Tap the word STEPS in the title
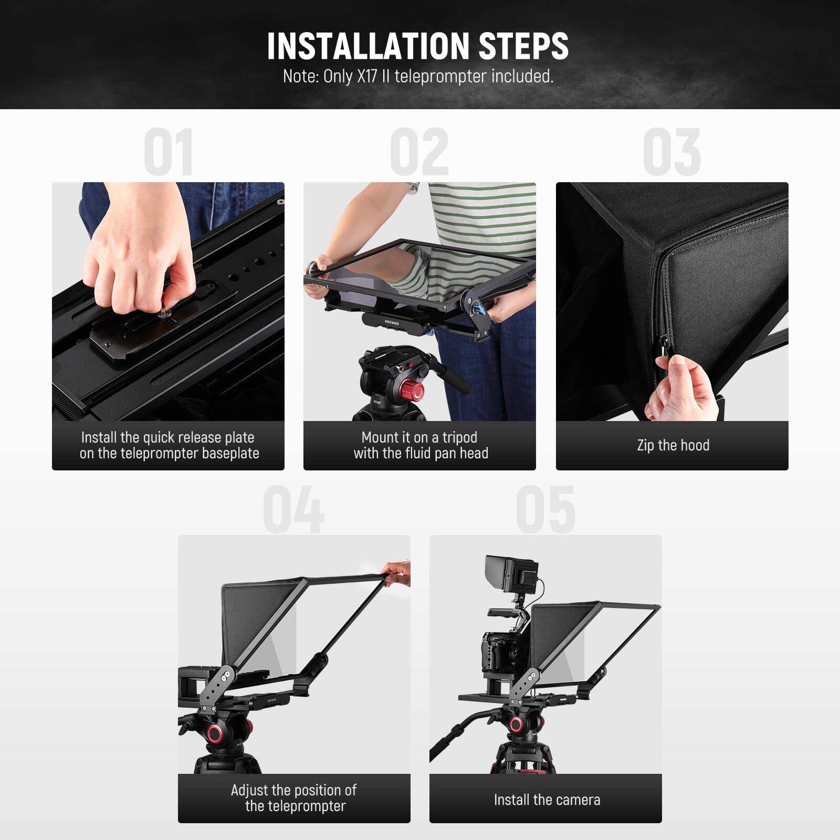pyautogui.click(x=523, y=46)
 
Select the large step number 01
pyautogui.click(x=168, y=152)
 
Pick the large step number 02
pyautogui.click(x=419, y=152)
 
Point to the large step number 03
pyautogui.click(x=672, y=152)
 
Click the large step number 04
pyautogui.click(x=293, y=509)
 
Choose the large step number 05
pyautogui.click(x=545, y=509)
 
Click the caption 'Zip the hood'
pyautogui.click(x=673, y=445)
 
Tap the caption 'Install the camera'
pyautogui.click(x=547, y=800)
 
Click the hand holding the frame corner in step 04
pyautogui.click(x=397, y=572)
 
